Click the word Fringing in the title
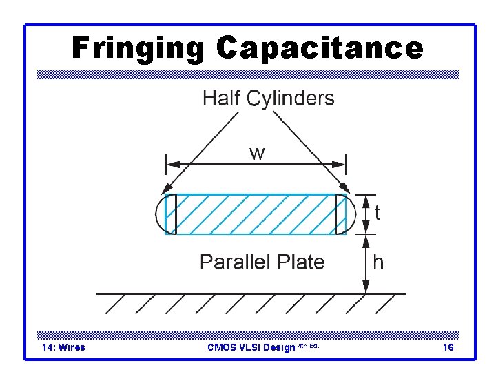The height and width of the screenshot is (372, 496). point(138,49)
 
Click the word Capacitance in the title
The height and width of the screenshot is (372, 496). point(319,49)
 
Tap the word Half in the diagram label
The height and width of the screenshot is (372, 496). point(222,99)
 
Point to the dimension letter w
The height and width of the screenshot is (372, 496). point(256,153)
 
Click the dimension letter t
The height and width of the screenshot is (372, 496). point(378,214)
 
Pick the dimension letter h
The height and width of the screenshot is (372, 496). point(378,262)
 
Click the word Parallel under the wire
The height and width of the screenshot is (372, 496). point(232,262)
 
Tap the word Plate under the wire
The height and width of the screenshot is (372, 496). point(301,262)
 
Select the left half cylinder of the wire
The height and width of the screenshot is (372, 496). point(162,214)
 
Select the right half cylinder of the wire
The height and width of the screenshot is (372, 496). point(350,214)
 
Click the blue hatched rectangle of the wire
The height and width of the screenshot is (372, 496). point(256,214)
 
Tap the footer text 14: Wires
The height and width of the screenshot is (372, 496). point(63,347)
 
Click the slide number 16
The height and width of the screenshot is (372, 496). point(448,347)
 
